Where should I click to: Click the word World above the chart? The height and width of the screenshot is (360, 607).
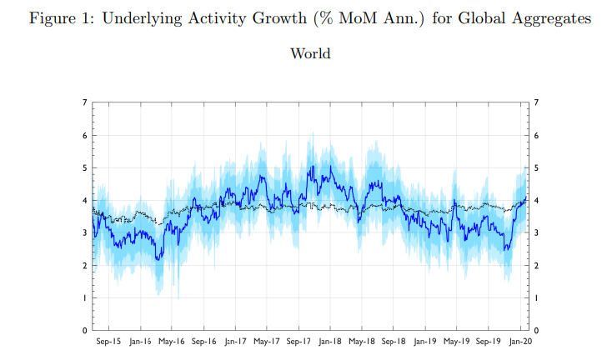310,54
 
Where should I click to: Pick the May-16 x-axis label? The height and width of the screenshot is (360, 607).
173,341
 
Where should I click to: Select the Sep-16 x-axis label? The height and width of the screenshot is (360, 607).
204,341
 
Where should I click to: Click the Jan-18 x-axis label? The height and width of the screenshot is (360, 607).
331,341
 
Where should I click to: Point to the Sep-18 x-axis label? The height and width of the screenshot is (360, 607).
394,341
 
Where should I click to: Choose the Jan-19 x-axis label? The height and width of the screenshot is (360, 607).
426,341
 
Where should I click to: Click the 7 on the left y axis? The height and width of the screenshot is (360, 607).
84,102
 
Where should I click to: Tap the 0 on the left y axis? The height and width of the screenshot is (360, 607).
84,331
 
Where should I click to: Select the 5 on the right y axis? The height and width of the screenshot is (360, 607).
535,167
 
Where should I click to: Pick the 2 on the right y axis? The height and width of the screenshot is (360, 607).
535,266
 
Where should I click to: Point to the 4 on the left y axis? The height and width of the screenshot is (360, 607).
84,200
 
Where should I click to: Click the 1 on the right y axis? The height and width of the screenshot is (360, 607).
535,298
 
